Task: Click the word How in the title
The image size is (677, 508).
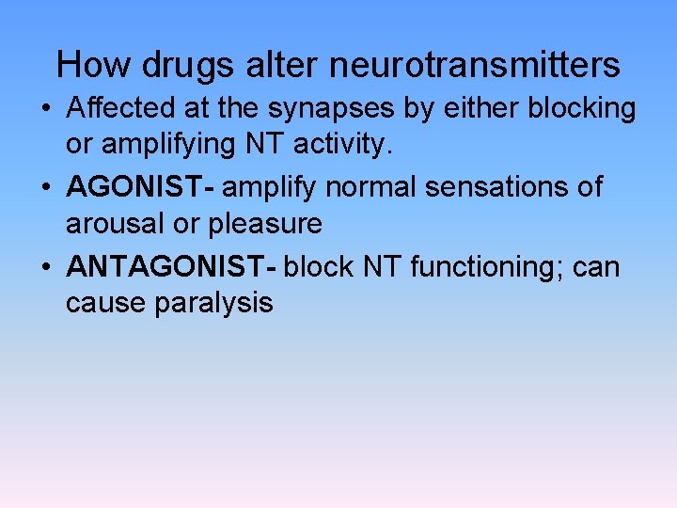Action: point(87,65)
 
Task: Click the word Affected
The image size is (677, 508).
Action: point(119,108)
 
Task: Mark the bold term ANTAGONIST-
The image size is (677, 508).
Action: point(171,267)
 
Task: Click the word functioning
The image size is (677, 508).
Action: point(482,267)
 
